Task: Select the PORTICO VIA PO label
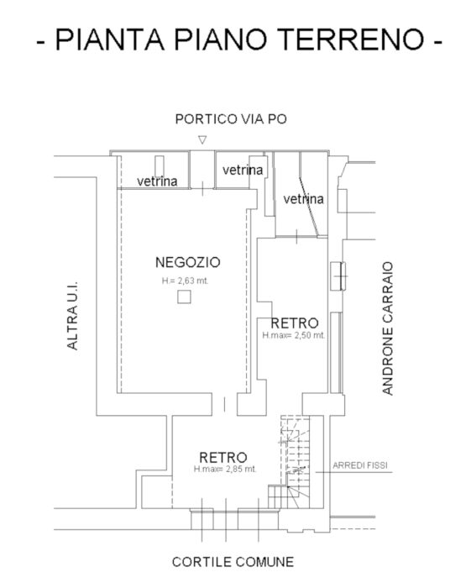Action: click(x=231, y=119)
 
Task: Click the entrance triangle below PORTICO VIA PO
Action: click(x=201, y=140)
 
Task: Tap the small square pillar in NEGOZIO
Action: click(x=184, y=297)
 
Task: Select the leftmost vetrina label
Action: click(x=157, y=181)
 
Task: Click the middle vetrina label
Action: click(x=243, y=170)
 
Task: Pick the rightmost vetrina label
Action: click(x=303, y=199)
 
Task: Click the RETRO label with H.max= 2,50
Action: click(x=294, y=323)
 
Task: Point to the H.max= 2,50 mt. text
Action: click(x=293, y=335)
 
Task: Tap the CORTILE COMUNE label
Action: click(x=233, y=562)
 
